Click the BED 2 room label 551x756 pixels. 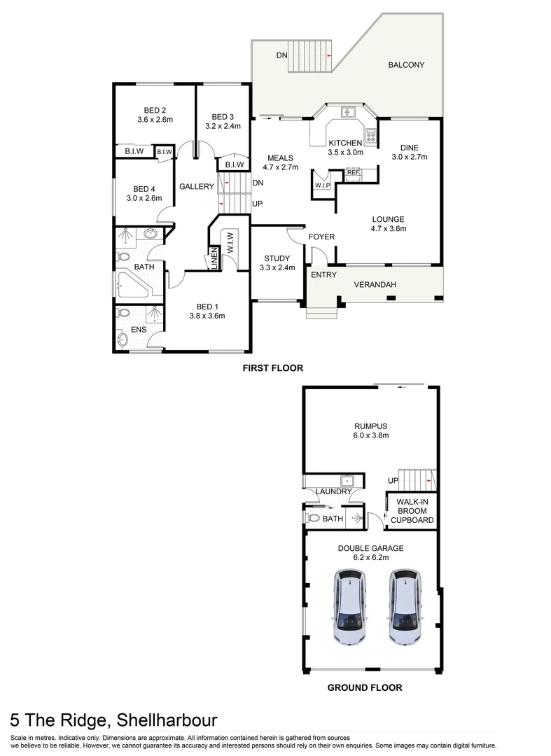point(155,110)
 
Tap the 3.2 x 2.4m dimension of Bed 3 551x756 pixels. point(223,127)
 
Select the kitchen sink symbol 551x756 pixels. point(348,112)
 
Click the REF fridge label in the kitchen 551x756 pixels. point(353,172)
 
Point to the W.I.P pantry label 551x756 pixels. point(322,185)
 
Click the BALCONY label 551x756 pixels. point(406,65)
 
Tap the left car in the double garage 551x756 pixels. point(349,606)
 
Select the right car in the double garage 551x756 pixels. point(405,606)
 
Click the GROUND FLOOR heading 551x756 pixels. point(365,687)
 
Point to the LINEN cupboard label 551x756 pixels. point(214,259)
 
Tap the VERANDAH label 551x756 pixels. point(375,284)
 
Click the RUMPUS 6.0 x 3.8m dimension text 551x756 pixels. point(370,435)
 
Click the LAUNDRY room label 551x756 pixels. point(333,491)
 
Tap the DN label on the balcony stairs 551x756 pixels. point(281,55)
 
